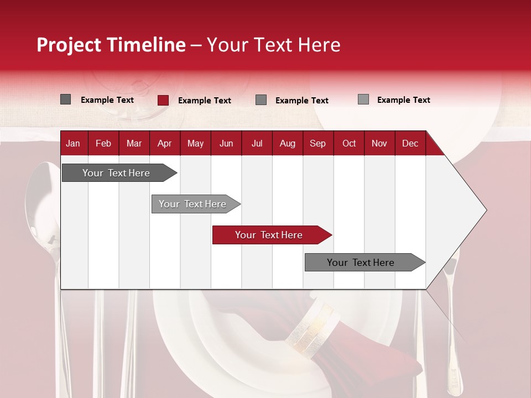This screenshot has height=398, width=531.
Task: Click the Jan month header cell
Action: coord(73,144)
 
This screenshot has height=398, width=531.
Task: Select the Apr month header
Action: coord(164,144)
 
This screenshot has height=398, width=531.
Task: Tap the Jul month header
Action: coord(257,144)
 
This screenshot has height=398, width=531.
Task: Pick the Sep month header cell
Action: coord(317,144)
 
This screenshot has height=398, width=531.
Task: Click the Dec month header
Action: coord(410,144)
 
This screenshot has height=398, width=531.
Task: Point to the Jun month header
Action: coord(226,144)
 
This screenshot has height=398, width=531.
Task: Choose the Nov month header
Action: coord(379,144)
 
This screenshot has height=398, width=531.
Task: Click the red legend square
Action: coord(163,100)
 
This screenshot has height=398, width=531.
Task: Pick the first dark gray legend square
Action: coord(66,99)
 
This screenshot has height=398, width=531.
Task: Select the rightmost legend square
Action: coord(363,99)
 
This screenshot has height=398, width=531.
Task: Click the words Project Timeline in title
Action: coord(111,45)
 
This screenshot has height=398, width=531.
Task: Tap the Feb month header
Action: coord(103,144)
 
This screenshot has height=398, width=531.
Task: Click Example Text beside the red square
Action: coord(205,101)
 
